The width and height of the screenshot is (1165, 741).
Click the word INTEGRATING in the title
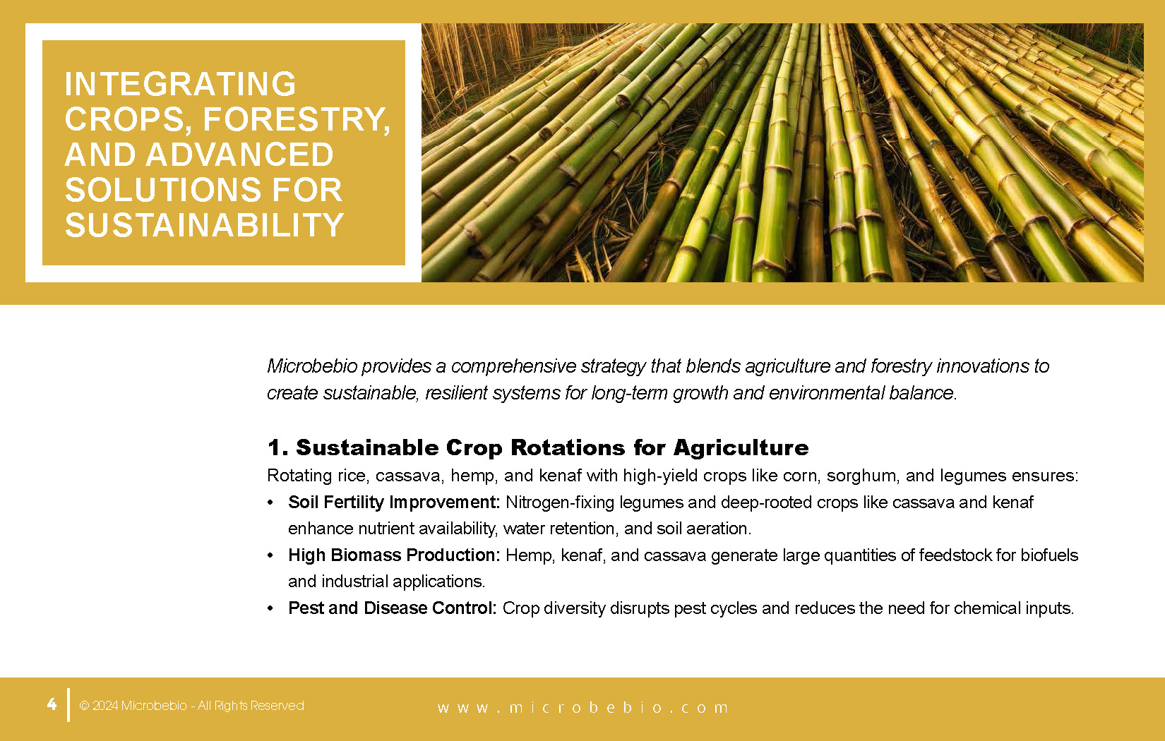coord(180,84)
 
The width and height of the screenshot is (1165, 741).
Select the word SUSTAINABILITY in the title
coord(204,225)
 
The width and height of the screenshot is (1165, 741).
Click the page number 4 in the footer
coord(52,704)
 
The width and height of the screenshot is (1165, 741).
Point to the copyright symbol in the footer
coord(84,706)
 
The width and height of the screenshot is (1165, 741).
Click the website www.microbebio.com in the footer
coord(582,708)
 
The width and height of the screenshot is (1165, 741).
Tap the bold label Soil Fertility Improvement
coord(394,502)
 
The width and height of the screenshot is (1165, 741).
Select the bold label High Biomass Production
coord(394,555)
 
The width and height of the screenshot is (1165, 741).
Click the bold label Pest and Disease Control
coord(392,608)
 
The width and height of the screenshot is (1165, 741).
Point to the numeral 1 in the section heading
coord(275,447)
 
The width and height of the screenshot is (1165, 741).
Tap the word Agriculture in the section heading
coord(741,448)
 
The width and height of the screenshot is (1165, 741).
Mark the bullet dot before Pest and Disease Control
coord(270,608)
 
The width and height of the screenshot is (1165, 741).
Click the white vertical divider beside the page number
coord(68,704)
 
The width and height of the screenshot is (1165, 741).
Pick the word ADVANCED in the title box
coord(239,155)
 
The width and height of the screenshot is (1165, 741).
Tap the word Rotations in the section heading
coord(568,447)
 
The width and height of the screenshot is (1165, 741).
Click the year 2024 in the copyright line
coord(105,706)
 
